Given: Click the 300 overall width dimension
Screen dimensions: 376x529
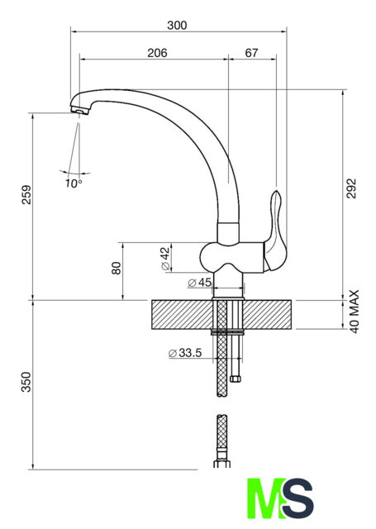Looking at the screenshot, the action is coord(177,26).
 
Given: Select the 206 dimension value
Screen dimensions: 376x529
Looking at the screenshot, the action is coord(157,53).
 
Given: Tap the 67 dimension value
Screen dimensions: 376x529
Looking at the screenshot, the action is coord(251,53).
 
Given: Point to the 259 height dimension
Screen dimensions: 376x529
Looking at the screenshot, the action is coord(26,194).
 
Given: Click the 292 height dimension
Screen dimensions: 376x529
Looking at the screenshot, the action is coord(351,188).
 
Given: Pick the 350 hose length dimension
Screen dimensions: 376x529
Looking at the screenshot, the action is coord(26,382).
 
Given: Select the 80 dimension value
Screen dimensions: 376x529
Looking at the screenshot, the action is coord(117,268).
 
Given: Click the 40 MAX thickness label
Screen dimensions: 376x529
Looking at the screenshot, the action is coord(355,312).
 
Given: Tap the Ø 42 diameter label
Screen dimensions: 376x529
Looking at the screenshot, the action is coord(165,259).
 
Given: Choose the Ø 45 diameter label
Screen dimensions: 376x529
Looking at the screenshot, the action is coord(200,283).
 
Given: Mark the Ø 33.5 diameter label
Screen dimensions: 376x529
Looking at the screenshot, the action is coord(185,353).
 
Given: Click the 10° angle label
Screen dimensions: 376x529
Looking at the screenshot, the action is coord(74,183).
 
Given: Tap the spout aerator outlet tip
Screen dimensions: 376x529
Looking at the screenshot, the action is coord(79,110).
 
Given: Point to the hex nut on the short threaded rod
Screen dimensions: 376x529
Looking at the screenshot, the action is coord(236,379).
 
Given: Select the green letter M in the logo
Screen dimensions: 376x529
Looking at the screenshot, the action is coord(266,498).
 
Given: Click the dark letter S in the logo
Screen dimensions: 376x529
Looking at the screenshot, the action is coord(297,498).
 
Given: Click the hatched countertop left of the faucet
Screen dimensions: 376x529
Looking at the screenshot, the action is coord(182,314).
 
